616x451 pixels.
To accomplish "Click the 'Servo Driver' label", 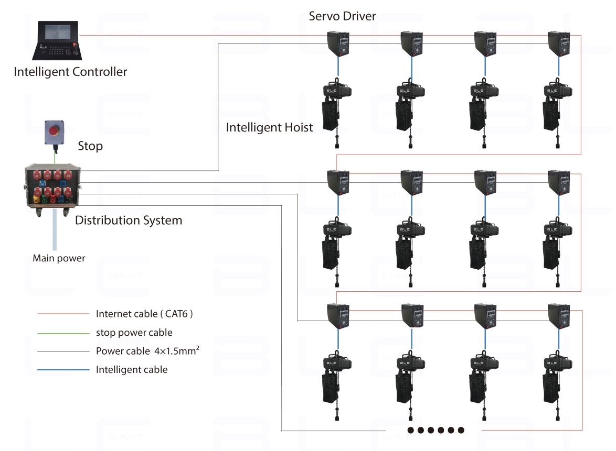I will [342, 16].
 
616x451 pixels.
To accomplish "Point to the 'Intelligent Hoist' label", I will [269, 127].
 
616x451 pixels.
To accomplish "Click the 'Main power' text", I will [59, 258].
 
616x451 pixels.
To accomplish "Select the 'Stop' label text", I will [90, 146].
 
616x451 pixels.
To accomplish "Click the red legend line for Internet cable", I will [63, 314].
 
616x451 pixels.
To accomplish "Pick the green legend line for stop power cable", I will [63, 333].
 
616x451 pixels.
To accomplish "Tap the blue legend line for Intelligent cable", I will [63, 370].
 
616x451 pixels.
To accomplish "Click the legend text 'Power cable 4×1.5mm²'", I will [147, 351].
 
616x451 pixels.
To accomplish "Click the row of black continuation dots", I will [436, 430].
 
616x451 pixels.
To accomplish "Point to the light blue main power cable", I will [54, 230].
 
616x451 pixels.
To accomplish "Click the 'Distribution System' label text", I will [129, 220].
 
